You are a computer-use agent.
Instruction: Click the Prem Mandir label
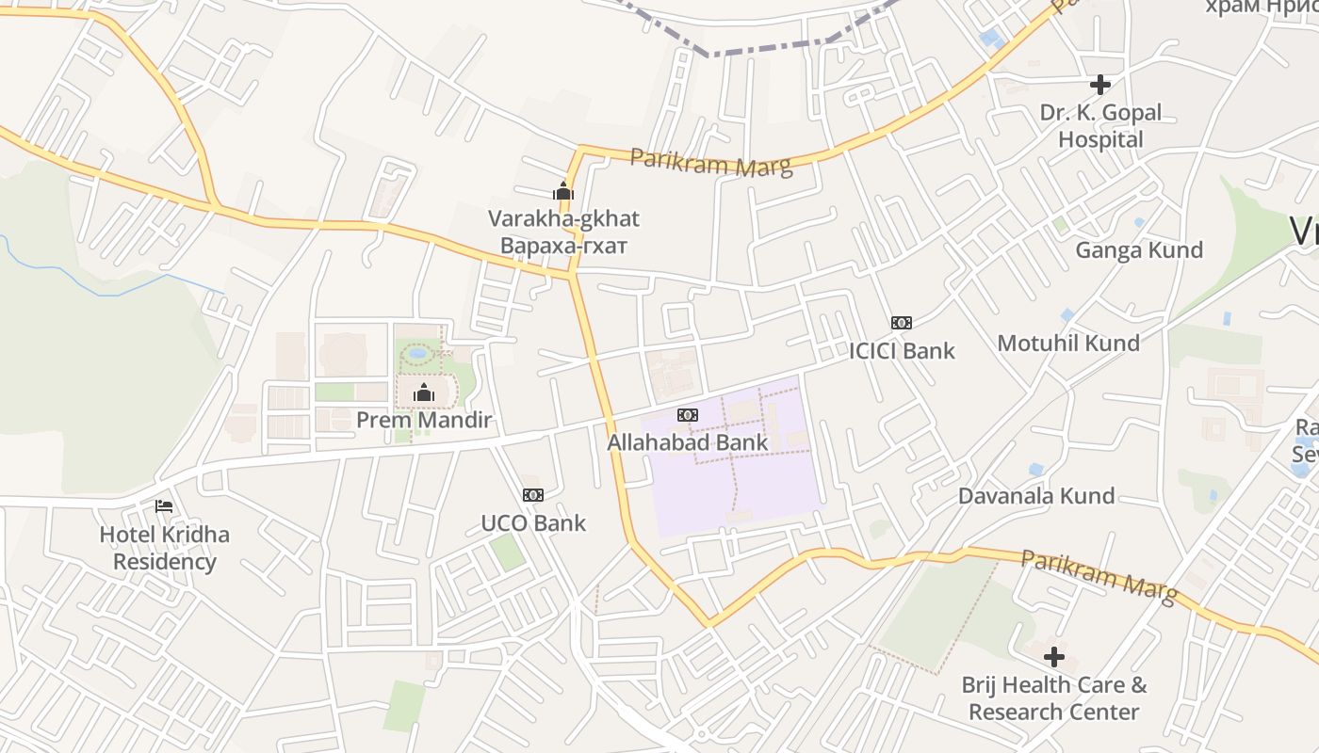pyautogui.click(x=424, y=420)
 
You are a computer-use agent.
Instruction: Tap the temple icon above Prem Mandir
pyautogui.click(x=424, y=392)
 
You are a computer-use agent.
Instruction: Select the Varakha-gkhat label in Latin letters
pyautogui.click(x=563, y=218)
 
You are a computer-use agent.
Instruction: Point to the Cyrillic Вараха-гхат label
pyautogui.click(x=563, y=246)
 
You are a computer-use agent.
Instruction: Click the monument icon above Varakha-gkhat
pyautogui.click(x=563, y=191)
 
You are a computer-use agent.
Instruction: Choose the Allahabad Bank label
pyautogui.click(x=688, y=442)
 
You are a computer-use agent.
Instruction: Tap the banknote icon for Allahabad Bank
pyautogui.click(x=688, y=415)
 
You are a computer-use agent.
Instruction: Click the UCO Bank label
pyautogui.click(x=533, y=523)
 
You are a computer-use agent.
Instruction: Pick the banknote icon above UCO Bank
pyautogui.click(x=533, y=495)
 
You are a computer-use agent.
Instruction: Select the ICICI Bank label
pyautogui.click(x=902, y=351)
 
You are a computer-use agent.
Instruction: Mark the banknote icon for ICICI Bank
pyautogui.click(x=902, y=323)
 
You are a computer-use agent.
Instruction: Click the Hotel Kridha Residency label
pyautogui.click(x=165, y=548)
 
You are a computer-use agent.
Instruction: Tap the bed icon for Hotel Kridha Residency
pyautogui.click(x=164, y=506)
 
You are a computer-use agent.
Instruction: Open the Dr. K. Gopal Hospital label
pyautogui.click(x=1100, y=126)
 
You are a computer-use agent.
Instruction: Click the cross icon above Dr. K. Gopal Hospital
pyautogui.click(x=1100, y=85)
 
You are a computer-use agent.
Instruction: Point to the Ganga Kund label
pyautogui.click(x=1139, y=249)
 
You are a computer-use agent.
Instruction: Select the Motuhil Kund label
pyautogui.click(x=1068, y=343)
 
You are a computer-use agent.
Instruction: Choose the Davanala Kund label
pyautogui.click(x=1036, y=495)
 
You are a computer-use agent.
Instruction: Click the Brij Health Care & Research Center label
pyautogui.click(x=1054, y=698)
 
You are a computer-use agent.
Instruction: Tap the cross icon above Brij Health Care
pyautogui.click(x=1054, y=656)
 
